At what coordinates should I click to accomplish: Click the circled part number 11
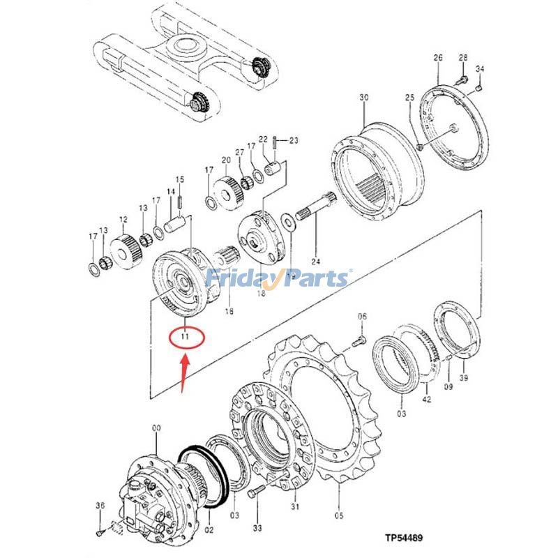(185, 337)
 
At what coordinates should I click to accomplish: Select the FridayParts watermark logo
(278, 279)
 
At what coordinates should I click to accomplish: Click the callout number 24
(315, 262)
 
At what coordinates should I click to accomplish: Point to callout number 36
(100, 506)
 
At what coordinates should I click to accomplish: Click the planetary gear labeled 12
(123, 248)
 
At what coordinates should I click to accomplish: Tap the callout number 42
(427, 400)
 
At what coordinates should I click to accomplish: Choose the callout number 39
(464, 378)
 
